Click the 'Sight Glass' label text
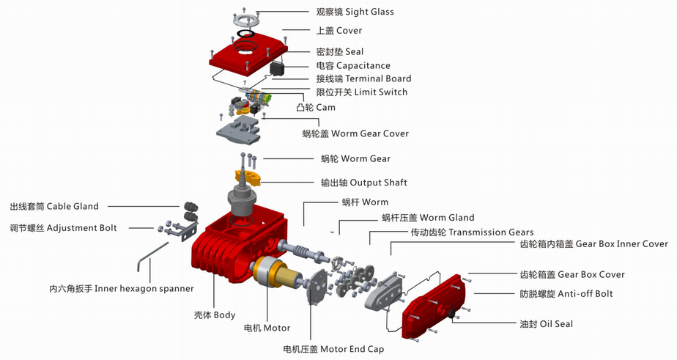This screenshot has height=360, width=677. tap(355, 12)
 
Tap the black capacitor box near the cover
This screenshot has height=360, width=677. tap(278, 69)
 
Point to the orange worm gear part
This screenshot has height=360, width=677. tap(248, 177)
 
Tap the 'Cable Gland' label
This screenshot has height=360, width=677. tap(54, 207)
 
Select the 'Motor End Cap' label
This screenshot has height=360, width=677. tap(333, 349)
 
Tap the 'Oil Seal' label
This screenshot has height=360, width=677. tap(546, 324)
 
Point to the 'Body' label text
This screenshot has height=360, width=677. tap(214, 315)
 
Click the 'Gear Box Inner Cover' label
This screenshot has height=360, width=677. tap(593, 244)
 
